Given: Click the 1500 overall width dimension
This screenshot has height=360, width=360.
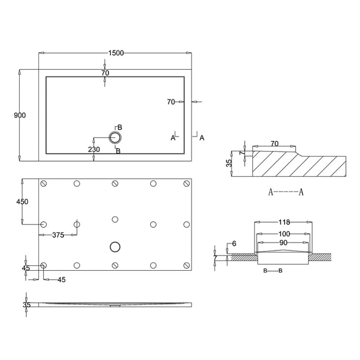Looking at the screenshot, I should click(116, 53).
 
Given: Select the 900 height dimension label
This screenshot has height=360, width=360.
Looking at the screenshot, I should click(20, 115).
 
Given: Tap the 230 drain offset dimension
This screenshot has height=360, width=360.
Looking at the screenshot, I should click(94, 149).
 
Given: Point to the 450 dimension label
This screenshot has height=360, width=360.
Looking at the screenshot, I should click(22, 202).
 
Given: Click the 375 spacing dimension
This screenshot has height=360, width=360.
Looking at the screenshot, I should click(58, 235).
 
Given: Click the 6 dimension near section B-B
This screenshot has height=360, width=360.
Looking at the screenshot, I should click(234, 244).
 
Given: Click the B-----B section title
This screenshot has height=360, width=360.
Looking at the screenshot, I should click(273, 271).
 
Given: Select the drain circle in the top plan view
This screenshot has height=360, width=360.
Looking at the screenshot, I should click(115, 137).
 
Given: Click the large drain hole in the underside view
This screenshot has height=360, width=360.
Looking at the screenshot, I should click(115, 247).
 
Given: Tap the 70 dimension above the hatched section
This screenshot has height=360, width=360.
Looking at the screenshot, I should click(274, 144).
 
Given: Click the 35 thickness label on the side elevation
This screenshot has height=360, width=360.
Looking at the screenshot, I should click(26, 305).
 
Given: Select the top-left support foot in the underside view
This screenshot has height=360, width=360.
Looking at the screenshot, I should click(44, 184).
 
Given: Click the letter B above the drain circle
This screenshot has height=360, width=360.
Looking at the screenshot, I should click(120, 127).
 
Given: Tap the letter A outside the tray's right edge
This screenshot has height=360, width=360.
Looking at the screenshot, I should click(202, 138).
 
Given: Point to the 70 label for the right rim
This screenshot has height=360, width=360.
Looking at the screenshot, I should click(171, 102).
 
